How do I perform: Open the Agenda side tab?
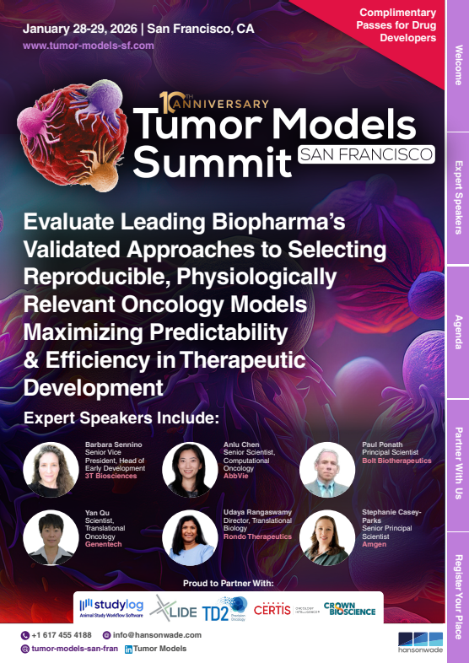coord(458,331)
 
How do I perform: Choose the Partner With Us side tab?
coord(458,465)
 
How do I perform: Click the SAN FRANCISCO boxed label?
coord(366,154)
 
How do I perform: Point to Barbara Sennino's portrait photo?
coord(51,469)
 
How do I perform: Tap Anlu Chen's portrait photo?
coord(190,469)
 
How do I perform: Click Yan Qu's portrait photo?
coord(51,537)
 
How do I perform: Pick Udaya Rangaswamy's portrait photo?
coord(190,537)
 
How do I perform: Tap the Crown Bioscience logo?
coord(349,607)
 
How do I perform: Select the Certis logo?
coord(272,607)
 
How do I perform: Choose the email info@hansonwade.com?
coord(150,635)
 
